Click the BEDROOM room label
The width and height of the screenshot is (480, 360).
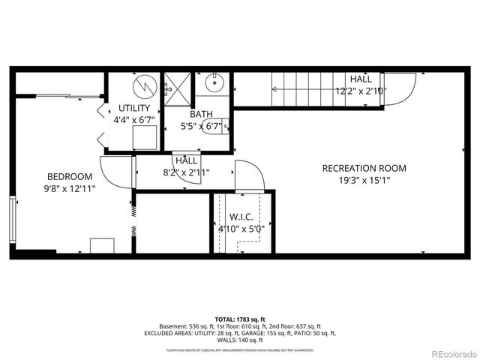coord(68,177)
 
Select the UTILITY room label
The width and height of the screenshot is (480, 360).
coord(133,108)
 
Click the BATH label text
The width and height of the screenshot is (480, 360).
coord(201,115)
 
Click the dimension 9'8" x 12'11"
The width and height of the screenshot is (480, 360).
coord(68,189)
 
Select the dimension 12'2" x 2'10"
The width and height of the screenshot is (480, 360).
coord(360,91)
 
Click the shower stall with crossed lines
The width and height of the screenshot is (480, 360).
coord(178,88)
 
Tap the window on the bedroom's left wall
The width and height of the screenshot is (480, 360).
coord(12,218)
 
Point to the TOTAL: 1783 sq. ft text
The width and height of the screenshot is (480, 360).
coord(240,319)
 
